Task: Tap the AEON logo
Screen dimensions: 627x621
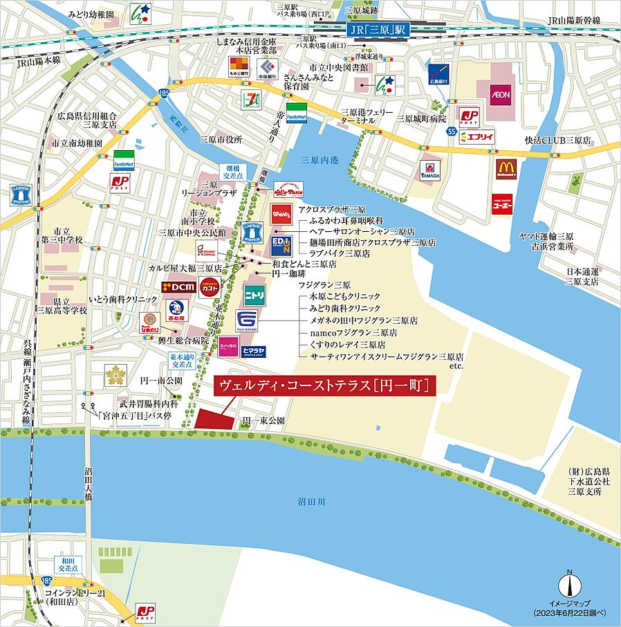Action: pos(500,93)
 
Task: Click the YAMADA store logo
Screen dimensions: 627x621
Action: pos(430,170)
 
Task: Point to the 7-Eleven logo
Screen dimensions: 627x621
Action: pos(249,98)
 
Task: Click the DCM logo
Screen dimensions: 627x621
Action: pos(178,286)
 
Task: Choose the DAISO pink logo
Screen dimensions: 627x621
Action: pos(228,347)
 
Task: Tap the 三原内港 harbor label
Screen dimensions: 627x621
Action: pos(321,160)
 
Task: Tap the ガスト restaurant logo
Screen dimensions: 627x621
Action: pos(210,286)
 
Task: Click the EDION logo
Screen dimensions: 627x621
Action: pos(281,244)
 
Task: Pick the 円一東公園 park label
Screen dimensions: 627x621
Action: pos(263,421)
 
